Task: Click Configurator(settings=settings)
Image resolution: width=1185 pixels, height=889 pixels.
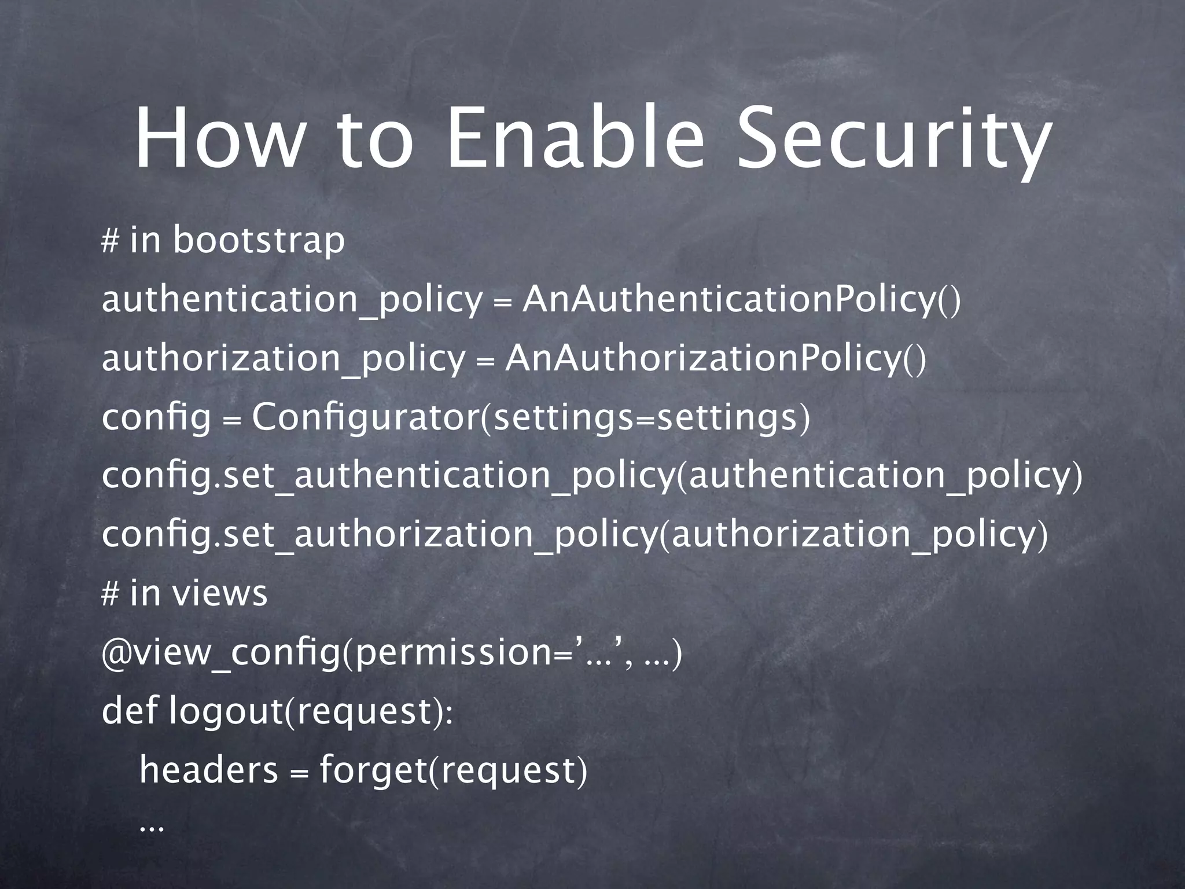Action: pos(531,418)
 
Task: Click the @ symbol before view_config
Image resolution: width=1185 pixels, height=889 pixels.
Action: pos(111,654)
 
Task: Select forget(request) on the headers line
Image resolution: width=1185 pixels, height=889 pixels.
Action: pos(453,771)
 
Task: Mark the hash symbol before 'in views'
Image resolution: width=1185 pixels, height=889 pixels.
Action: pos(109,594)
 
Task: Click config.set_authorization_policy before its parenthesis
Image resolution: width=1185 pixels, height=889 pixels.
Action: pos(379,535)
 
